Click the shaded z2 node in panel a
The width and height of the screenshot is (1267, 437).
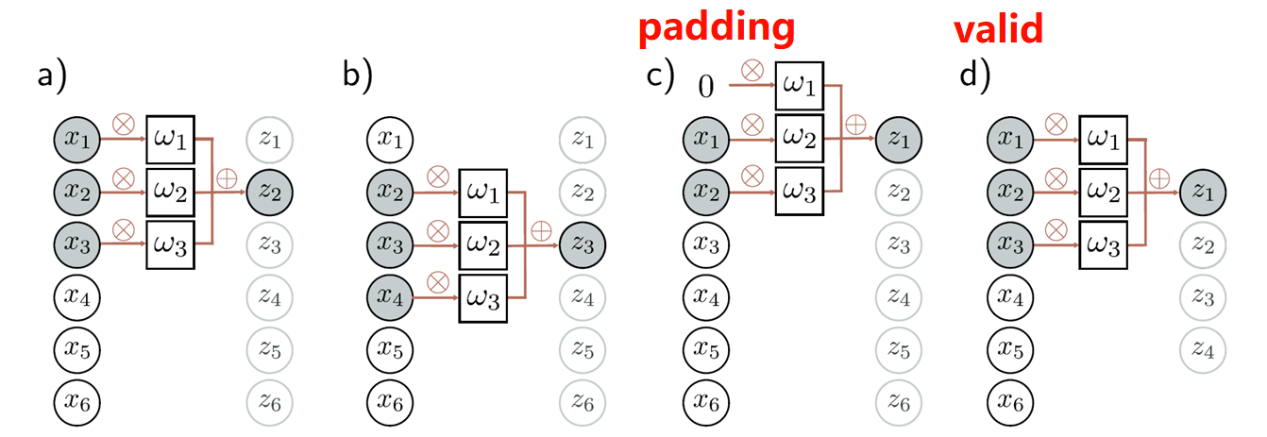tap(270, 194)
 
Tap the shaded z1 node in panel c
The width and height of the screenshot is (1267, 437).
tap(898, 141)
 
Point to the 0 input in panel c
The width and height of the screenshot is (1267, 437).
tap(705, 88)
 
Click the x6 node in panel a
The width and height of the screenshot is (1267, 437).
tap(76, 403)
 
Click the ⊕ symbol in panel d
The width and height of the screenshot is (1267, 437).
tap(1158, 175)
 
